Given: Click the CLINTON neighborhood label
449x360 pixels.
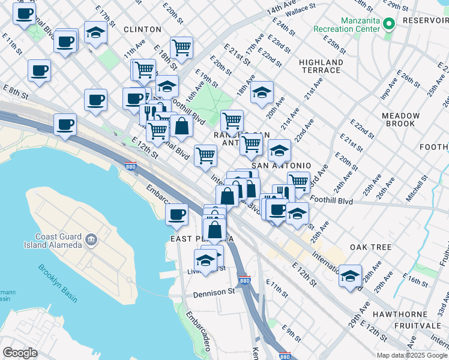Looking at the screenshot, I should (x=142, y=29).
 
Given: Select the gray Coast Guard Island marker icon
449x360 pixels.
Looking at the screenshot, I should (x=91, y=240).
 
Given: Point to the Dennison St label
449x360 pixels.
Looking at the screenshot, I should (x=214, y=293).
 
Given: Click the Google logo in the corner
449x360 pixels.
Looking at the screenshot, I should (x=20, y=353).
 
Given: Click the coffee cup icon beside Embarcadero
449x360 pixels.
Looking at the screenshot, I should (x=176, y=214).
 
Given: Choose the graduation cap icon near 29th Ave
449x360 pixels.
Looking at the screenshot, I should (x=350, y=276).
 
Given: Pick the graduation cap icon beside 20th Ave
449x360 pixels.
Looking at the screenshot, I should (x=262, y=92).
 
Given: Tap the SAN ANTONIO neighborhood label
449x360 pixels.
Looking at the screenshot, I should (x=281, y=166).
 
